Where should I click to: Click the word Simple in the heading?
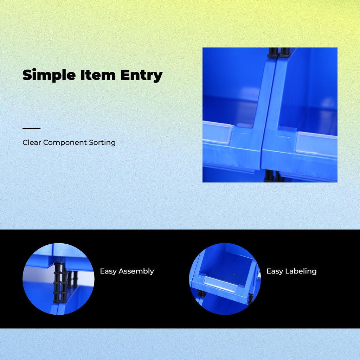click(49, 75)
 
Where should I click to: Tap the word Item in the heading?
click(98, 75)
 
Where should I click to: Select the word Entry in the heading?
click(141, 76)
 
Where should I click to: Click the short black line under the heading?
click(31, 128)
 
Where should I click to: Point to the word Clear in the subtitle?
click(32, 143)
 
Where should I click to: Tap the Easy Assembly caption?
click(127, 271)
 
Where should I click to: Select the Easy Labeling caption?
click(291, 271)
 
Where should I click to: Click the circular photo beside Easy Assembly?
click(59, 279)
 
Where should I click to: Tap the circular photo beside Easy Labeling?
click(225, 279)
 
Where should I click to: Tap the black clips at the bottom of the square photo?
click(273, 176)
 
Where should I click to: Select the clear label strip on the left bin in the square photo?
click(217, 133)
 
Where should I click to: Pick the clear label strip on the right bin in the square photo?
click(316, 143)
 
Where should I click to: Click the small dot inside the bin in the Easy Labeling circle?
click(234, 274)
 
